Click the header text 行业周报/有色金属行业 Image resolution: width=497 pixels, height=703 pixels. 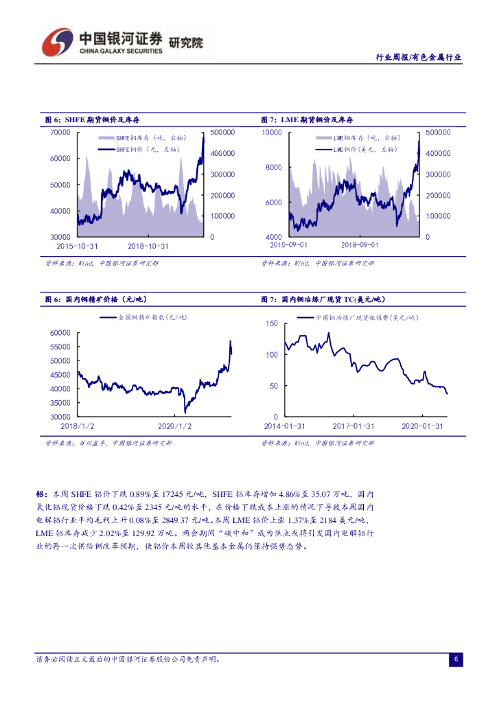419,58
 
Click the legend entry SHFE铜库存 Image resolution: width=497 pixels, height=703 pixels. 137,138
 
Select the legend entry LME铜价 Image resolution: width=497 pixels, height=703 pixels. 352,148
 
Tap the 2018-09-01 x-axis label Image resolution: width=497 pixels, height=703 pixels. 360,245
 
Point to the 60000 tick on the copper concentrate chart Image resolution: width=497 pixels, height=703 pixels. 61,332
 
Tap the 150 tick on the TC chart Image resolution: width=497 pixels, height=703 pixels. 271,323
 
